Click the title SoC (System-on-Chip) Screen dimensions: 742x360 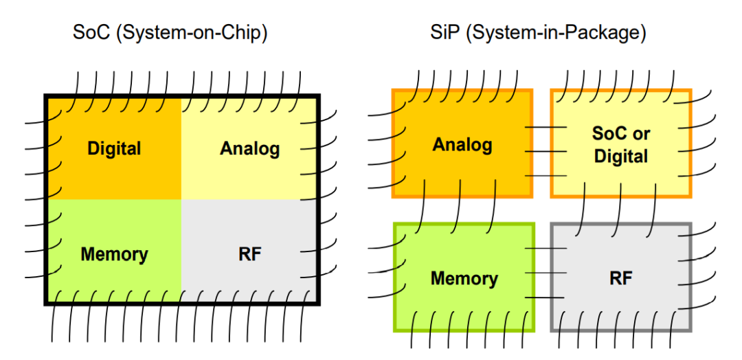tap(170, 34)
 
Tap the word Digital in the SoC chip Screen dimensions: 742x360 tap(114, 148)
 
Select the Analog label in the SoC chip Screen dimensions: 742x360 tap(250, 150)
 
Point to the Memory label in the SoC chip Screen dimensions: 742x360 tap(114, 254)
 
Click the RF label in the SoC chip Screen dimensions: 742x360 tap(250, 254)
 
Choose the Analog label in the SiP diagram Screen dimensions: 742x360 tap(462, 145)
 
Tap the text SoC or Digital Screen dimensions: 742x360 tap(621, 145)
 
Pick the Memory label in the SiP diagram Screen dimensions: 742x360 tap(464, 279)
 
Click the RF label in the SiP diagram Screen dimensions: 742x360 tap(621, 278)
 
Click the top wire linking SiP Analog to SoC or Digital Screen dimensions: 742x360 tap(546, 127)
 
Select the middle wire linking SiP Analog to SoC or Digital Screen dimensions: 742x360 tap(546, 151)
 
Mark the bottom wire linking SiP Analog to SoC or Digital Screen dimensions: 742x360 tap(546, 176)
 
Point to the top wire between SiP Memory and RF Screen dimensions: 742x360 tap(546, 248)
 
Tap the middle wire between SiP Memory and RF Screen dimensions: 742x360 tap(546, 273)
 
